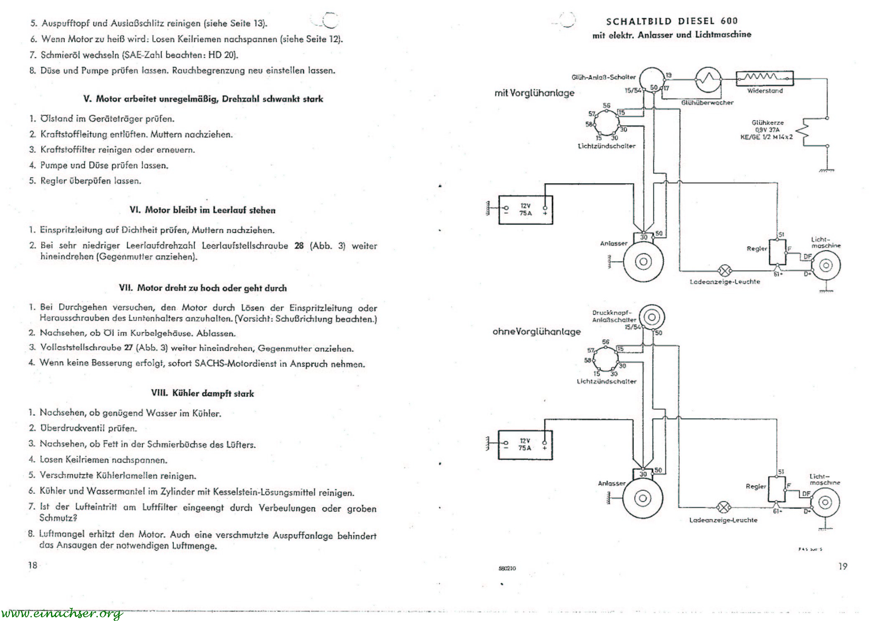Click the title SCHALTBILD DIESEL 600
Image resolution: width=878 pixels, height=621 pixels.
click(672, 21)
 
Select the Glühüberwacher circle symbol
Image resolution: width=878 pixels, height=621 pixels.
click(708, 79)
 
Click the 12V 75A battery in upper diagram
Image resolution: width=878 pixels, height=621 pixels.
click(525, 210)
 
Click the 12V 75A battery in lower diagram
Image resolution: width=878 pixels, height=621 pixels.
click(525, 445)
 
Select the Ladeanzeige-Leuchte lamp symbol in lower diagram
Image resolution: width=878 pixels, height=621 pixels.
click(723, 507)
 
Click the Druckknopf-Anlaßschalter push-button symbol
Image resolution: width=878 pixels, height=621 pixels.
click(651, 317)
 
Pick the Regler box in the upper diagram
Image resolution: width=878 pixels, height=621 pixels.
click(777, 252)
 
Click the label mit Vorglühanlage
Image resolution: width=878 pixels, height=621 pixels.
click(534, 93)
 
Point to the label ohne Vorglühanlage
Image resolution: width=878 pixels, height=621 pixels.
click(536, 332)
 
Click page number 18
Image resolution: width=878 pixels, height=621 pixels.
click(33, 565)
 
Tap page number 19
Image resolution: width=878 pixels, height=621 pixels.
click(842, 566)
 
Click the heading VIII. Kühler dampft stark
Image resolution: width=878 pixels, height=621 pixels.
click(202, 393)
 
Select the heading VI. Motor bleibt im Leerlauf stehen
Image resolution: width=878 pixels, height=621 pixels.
click(203, 210)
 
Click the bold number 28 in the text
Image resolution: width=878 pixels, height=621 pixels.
click(299, 246)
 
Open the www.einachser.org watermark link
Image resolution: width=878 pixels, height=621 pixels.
click(62, 613)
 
